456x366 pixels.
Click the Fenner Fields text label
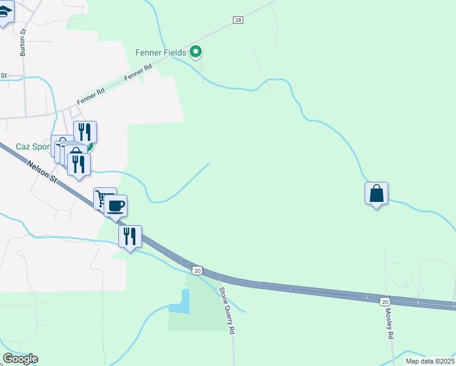[x=160, y=52]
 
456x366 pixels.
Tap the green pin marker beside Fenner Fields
[x=196, y=52]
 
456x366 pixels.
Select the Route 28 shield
[x=238, y=20]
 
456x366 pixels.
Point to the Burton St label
[x=23, y=43]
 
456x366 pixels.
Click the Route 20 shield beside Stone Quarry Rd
[x=196, y=270]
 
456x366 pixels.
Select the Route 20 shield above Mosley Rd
[x=384, y=301]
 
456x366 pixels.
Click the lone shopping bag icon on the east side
[x=377, y=193]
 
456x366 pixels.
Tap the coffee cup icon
[x=115, y=205]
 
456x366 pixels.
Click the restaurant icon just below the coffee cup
[x=130, y=235]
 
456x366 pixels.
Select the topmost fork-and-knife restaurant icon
[x=85, y=131]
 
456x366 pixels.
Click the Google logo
[x=20, y=359]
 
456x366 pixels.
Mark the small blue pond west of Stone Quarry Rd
[x=180, y=302]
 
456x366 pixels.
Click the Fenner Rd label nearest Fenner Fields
[x=137, y=74]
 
